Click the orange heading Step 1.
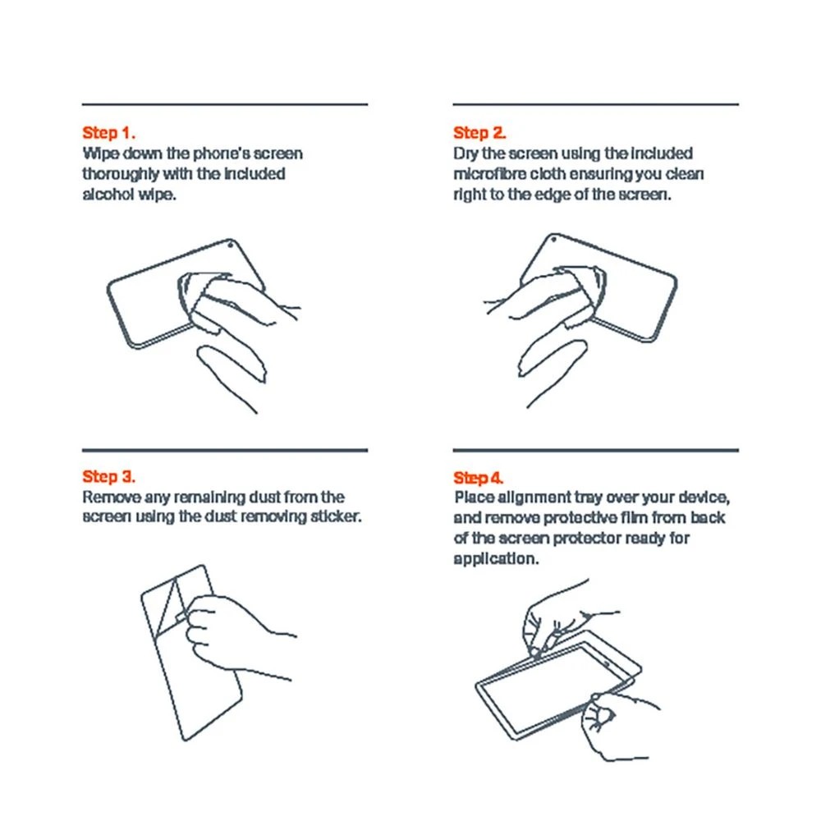click(108, 133)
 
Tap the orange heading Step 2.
click(479, 133)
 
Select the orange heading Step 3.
click(108, 476)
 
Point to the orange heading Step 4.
click(478, 478)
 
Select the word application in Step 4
click(496, 558)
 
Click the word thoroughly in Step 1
click(121, 174)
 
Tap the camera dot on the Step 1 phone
click(230, 245)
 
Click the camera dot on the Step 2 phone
click(553, 240)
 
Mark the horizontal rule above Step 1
click(225, 105)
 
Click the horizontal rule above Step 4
click(596, 450)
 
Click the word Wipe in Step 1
click(100, 154)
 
